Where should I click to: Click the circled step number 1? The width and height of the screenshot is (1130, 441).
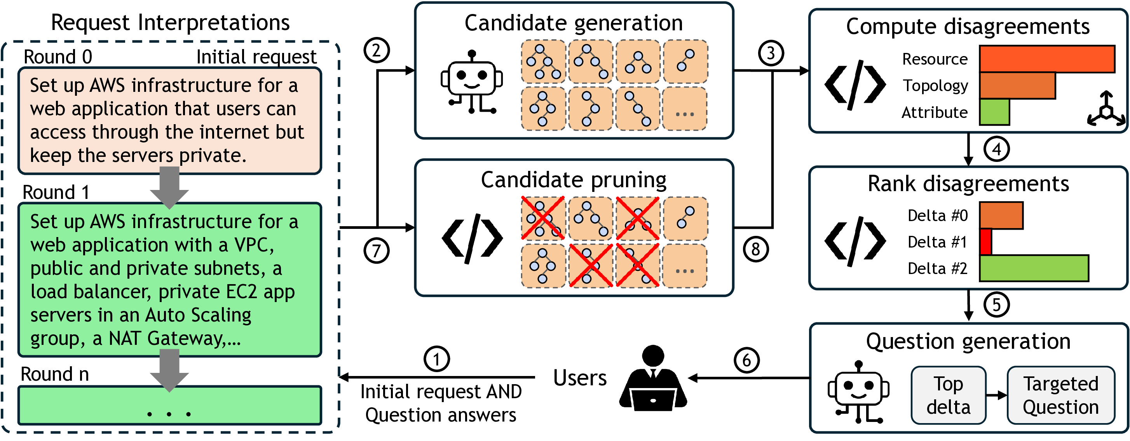[436, 359]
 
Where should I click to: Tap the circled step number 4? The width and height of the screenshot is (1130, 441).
[996, 149]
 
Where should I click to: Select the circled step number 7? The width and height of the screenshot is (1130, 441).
[377, 251]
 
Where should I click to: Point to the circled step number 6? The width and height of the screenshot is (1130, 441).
[746, 360]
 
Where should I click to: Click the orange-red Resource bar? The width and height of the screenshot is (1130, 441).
[1047, 59]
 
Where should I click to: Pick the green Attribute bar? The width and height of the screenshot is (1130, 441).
[994, 112]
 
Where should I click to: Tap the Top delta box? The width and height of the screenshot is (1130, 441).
[949, 395]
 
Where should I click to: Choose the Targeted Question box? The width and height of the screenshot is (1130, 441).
[1061, 395]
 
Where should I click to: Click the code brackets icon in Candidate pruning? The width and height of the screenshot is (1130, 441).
[472, 239]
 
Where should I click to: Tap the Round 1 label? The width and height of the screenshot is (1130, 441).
[56, 192]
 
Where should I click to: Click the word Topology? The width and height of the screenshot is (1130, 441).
[935, 86]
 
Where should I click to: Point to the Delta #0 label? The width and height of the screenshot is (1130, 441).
[937, 216]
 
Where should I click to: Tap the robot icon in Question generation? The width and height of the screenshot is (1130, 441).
[858, 392]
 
